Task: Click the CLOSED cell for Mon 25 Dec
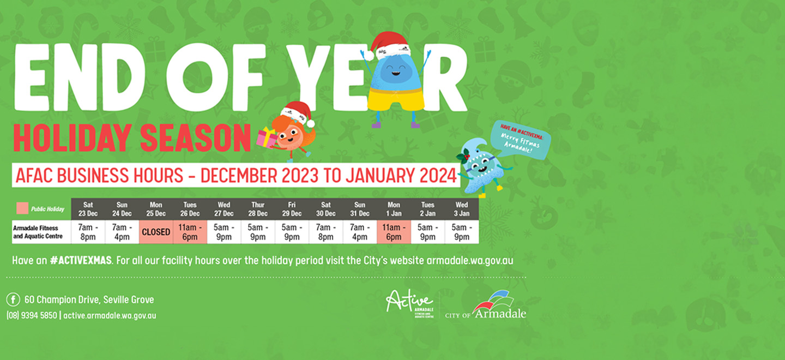click(x=156, y=232)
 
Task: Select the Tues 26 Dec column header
click(x=190, y=209)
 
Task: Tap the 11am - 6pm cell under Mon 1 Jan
click(x=394, y=232)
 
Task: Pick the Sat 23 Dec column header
click(x=88, y=209)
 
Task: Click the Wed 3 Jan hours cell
click(x=461, y=232)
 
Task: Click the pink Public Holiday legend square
click(x=22, y=208)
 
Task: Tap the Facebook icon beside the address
click(x=13, y=299)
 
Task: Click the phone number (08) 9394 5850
click(x=32, y=315)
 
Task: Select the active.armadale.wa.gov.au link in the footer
click(x=110, y=315)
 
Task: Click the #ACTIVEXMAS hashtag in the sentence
click(x=81, y=261)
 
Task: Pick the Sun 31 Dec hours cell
click(x=359, y=232)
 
